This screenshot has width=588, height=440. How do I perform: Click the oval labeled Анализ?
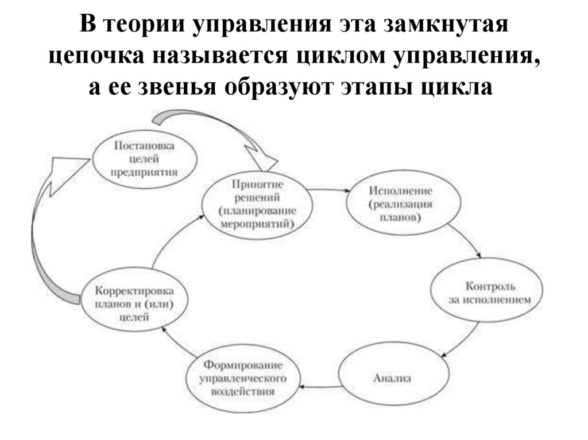click(393, 379)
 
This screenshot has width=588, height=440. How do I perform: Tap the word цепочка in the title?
click(94, 57)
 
